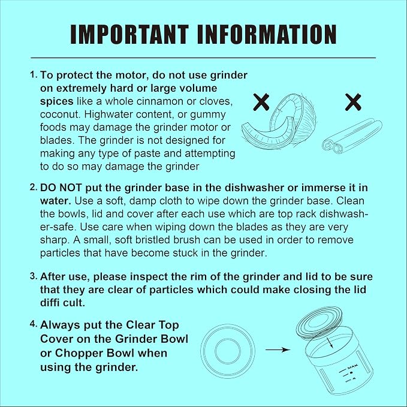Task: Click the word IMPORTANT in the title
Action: tap(129, 34)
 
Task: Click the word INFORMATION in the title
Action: tap(267, 34)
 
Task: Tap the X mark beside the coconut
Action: tap(261, 102)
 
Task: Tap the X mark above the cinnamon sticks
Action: tap(353, 102)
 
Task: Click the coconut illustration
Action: tap(279, 122)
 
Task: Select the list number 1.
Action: tap(34, 75)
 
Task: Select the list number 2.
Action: tap(34, 188)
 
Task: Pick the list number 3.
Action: tap(34, 276)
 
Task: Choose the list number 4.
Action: tap(34, 324)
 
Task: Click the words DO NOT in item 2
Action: tap(61, 188)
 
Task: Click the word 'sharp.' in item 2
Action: tap(55, 240)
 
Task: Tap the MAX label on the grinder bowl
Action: tap(352, 367)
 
